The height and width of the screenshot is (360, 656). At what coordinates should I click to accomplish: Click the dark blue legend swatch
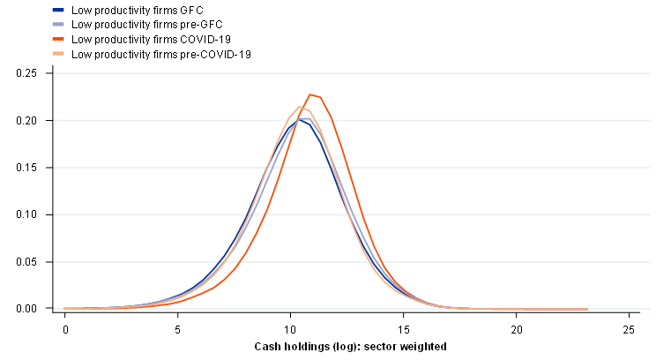58,10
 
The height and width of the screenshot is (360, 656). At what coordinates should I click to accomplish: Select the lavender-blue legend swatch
58,24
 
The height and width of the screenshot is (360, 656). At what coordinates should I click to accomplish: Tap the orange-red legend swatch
58,39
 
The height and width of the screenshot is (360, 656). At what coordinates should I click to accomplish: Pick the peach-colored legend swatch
58,53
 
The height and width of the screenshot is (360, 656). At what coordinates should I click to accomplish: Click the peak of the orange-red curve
310,94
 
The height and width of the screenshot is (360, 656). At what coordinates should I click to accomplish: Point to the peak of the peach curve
300,107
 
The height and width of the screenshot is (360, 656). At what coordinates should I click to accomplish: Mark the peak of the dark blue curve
302,119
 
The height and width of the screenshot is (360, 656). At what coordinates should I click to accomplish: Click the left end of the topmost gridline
55,73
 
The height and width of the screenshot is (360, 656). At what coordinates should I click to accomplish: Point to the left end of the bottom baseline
55,309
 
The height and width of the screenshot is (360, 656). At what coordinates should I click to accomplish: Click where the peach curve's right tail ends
587,309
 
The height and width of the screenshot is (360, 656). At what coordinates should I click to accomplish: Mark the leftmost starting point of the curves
63,309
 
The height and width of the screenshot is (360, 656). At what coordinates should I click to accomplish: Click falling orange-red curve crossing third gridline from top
348,168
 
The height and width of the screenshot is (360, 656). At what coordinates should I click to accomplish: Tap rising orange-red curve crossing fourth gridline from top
265,214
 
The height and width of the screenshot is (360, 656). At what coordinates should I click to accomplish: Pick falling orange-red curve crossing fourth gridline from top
362,214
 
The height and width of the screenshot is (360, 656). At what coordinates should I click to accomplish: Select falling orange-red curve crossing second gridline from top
333,120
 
